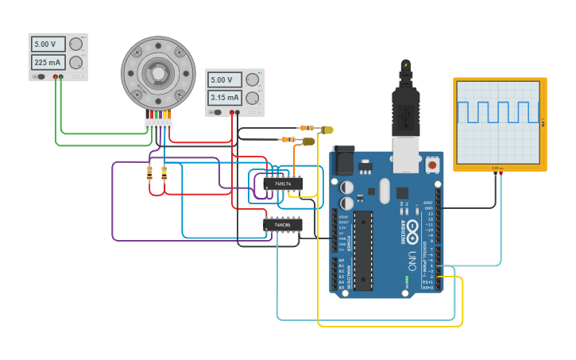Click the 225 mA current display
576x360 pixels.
point(48,62)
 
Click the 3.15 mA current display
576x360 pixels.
point(225,98)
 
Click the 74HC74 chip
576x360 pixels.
point(283,184)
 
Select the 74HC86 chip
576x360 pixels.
point(283,225)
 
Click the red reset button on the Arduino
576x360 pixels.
point(432,165)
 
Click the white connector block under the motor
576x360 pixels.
point(158,124)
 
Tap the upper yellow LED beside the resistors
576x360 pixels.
point(327,130)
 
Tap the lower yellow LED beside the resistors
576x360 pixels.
point(308,141)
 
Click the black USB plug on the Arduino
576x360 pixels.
point(405,103)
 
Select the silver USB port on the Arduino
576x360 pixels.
point(406,153)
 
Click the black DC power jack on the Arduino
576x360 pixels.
point(342,161)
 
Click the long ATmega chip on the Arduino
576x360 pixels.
point(362,250)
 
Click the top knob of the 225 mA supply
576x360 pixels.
point(75,44)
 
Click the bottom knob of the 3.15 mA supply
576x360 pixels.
point(253,98)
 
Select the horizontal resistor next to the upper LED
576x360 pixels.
point(306,127)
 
